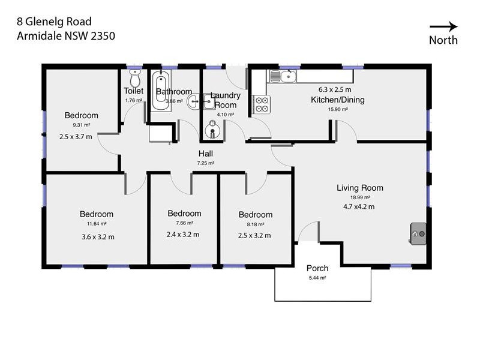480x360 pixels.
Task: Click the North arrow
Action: pyautogui.click(x=443, y=26)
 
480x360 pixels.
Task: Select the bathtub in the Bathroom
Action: pyautogui.click(x=160, y=91)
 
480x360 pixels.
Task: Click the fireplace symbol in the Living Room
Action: pyautogui.click(x=418, y=233)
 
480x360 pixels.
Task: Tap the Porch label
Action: pyautogui.click(x=317, y=268)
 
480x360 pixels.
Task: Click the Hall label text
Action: pyautogui.click(x=206, y=154)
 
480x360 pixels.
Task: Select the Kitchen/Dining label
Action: pyautogui.click(x=337, y=100)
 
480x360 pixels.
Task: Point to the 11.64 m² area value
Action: pyautogui.click(x=96, y=224)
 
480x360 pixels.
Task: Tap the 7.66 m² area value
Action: pyautogui.click(x=184, y=223)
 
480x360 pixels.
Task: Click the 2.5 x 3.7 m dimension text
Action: pyautogui.click(x=76, y=137)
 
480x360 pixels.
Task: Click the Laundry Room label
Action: pyautogui.click(x=226, y=100)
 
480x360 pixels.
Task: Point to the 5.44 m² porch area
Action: pyautogui.click(x=317, y=278)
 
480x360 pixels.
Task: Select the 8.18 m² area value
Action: pyautogui.click(x=255, y=224)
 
